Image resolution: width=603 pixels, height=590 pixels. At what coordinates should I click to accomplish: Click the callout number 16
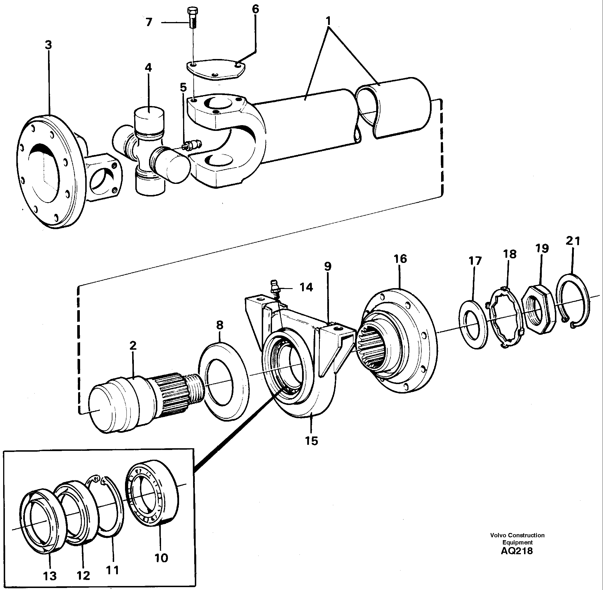tap(400, 259)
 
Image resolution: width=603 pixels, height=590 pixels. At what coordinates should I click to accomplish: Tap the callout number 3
tap(48, 45)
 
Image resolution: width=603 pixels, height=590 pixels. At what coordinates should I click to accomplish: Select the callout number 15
tap(312, 441)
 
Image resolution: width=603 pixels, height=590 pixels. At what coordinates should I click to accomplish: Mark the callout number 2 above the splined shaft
tap(133, 345)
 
